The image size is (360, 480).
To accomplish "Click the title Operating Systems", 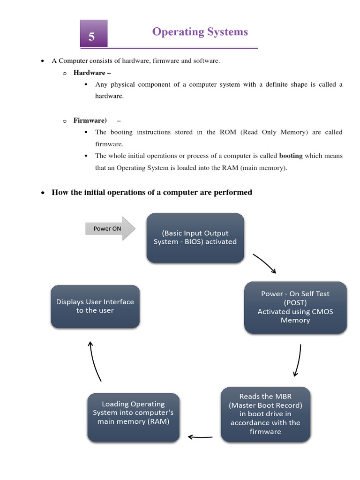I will [x=200, y=32].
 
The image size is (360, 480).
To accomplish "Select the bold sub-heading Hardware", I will [x=89, y=73].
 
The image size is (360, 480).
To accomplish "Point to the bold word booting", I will [x=291, y=156].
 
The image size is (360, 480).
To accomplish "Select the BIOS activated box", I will [x=195, y=238].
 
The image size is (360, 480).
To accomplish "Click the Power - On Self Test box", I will [x=295, y=307].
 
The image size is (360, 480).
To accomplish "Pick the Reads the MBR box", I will [x=265, y=414].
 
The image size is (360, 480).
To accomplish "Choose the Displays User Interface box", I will [x=95, y=306].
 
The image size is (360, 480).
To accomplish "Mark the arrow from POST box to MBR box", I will [x=297, y=360].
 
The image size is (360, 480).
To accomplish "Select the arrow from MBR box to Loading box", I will [x=200, y=437].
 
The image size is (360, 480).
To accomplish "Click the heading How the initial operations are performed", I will [x=152, y=192].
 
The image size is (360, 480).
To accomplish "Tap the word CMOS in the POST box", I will [x=322, y=311].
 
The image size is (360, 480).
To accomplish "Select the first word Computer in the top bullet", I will [x=73, y=61].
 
